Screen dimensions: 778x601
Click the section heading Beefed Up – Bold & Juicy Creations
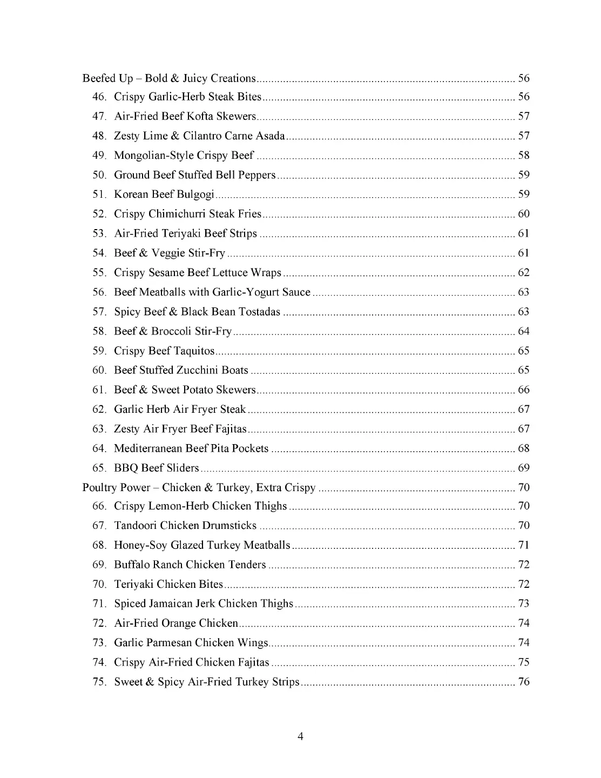click(x=168, y=78)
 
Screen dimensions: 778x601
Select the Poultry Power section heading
click(x=199, y=487)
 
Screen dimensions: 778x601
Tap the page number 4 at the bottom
click(x=300, y=736)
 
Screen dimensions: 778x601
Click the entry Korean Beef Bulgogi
click(x=164, y=194)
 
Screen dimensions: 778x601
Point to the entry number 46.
click(x=99, y=97)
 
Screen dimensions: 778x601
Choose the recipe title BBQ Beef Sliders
click(x=157, y=468)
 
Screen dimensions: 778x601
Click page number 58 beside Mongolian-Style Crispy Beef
click(x=524, y=156)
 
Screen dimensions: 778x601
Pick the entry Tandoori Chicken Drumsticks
click(x=185, y=526)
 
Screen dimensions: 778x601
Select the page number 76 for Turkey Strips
click(x=524, y=682)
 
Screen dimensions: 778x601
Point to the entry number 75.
click(x=99, y=682)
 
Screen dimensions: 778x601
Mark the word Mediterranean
click(x=148, y=448)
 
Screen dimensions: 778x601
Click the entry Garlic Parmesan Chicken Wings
click(x=191, y=643)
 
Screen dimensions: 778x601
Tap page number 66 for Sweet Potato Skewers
click(x=524, y=390)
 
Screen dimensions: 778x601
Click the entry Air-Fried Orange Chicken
click(x=176, y=623)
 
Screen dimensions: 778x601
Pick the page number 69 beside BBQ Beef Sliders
click(x=524, y=468)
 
